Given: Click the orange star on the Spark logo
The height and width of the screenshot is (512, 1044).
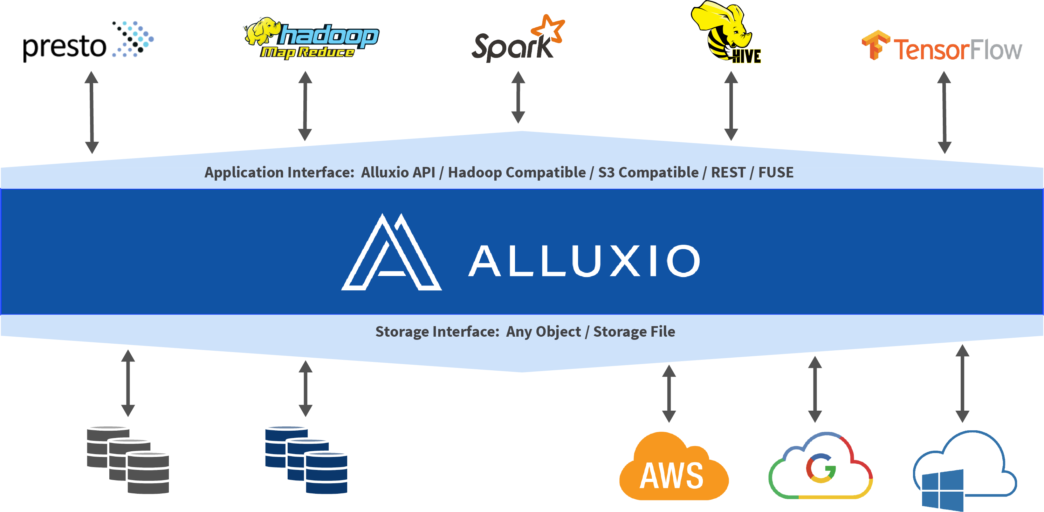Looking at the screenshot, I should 548,28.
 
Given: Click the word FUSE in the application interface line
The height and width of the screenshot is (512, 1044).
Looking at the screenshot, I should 776,173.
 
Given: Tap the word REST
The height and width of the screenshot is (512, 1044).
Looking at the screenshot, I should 728,173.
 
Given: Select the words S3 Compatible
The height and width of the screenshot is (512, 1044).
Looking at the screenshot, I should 648,173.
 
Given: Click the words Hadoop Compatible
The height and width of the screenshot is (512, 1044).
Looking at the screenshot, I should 516,173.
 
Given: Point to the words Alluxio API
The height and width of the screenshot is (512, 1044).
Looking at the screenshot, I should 398,173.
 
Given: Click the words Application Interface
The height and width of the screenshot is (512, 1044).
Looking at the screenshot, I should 279,173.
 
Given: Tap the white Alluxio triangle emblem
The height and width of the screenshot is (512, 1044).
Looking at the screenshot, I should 391,254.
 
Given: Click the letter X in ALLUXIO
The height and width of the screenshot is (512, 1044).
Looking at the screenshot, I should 626,261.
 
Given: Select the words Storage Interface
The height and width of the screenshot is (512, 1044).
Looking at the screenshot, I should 437,331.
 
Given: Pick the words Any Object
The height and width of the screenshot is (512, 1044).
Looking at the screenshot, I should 543,331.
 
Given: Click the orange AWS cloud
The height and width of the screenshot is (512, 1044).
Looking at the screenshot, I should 671,469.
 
